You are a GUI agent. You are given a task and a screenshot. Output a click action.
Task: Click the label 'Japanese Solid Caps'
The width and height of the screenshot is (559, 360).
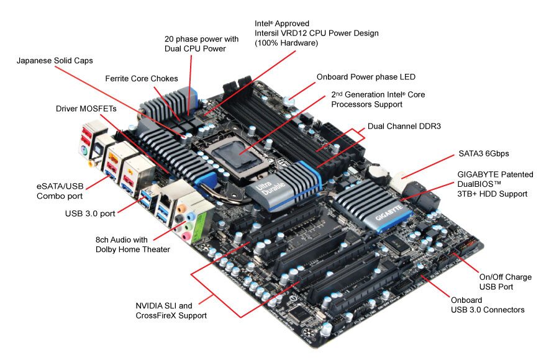[x=55, y=61]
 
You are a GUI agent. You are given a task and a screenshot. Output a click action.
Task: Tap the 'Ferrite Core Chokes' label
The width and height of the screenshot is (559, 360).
[x=142, y=79]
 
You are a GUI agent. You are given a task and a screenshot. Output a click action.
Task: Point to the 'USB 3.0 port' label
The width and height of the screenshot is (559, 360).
[x=91, y=214]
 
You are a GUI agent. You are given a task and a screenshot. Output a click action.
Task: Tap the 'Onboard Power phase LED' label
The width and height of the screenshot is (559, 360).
[x=366, y=77]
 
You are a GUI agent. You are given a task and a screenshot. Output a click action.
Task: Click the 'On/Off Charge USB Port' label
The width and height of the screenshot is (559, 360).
[x=505, y=282]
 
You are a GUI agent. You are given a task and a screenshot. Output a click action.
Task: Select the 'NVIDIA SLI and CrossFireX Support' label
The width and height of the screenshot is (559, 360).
[x=171, y=310]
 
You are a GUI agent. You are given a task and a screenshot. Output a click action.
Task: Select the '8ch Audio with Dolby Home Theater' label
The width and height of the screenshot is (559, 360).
[x=132, y=245]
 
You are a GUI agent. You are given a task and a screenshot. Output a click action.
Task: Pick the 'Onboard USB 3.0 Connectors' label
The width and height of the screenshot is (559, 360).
[x=488, y=305]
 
